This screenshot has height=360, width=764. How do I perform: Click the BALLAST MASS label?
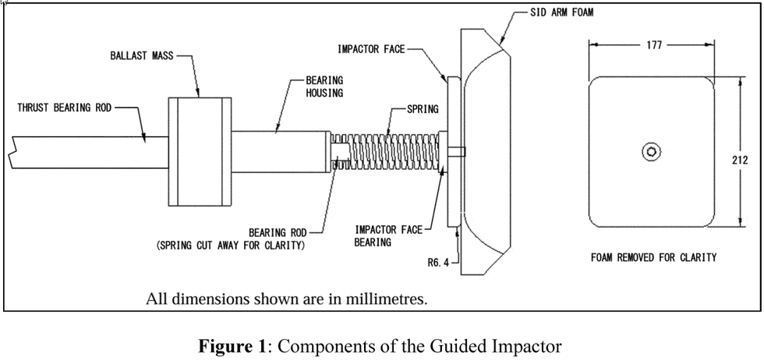(x=141, y=55)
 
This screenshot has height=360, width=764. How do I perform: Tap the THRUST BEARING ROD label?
(x=64, y=108)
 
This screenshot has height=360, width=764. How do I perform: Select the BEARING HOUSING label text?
(x=324, y=86)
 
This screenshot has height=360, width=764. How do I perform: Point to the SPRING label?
(x=423, y=109)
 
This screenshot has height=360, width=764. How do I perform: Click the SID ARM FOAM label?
(x=562, y=12)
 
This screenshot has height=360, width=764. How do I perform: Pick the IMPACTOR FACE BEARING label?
(x=389, y=236)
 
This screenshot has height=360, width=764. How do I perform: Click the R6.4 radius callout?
(x=437, y=263)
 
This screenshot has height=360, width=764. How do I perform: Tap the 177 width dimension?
(x=654, y=45)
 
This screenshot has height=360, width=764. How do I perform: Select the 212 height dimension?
(x=740, y=160)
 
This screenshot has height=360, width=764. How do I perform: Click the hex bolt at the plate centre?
(x=651, y=152)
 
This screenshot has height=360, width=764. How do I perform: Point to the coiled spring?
(x=385, y=151)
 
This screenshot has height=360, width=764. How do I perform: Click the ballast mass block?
(x=200, y=151)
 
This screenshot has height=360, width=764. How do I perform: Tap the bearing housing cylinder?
(x=280, y=151)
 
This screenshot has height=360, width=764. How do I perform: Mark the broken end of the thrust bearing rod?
(x=12, y=153)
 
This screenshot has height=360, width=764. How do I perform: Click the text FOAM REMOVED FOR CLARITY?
(x=654, y=257)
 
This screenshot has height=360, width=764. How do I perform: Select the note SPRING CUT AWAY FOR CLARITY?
(x=231, y=245)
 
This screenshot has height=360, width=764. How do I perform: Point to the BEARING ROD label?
(x=278, y=233)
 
